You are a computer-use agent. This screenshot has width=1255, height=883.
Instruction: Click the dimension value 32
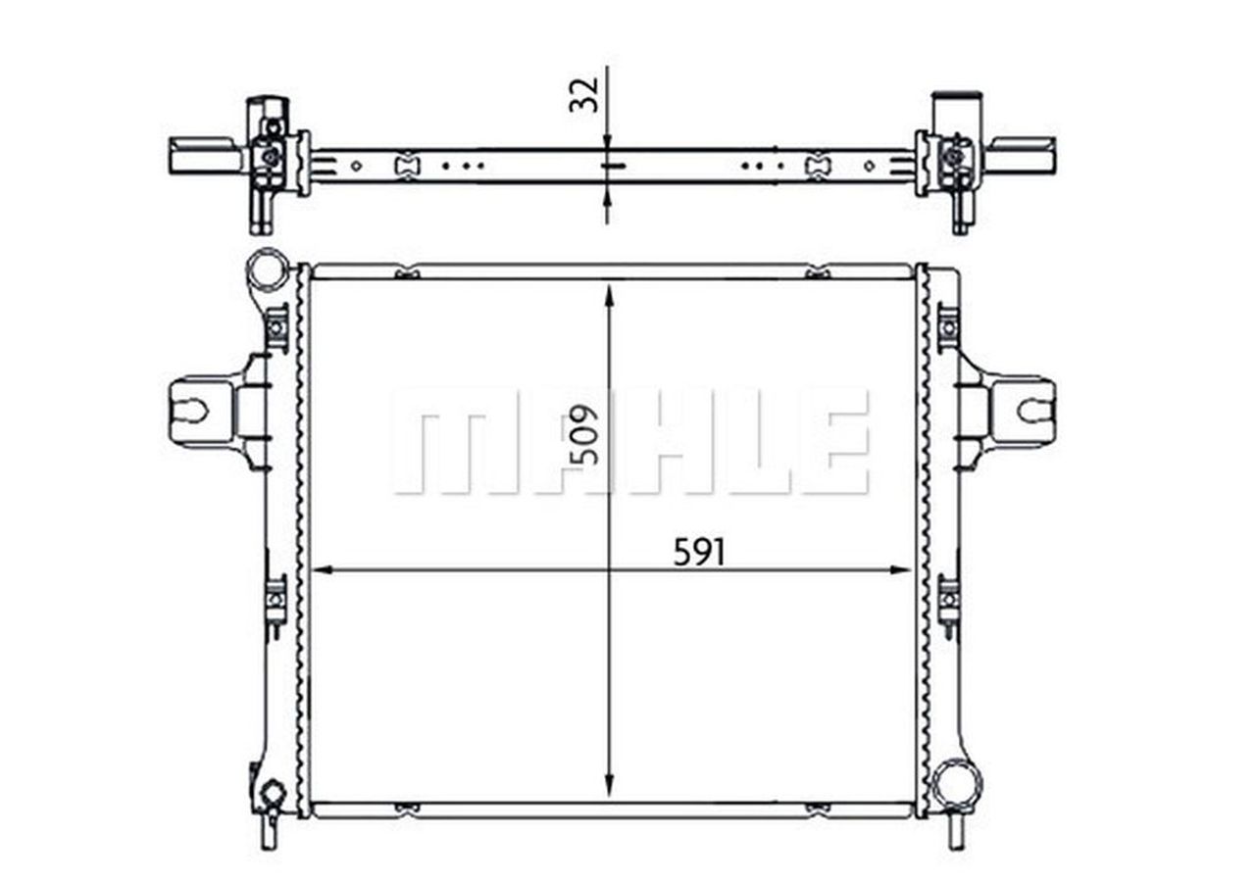(584, 94)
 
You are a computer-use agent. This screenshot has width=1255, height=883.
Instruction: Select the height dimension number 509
(584, 433)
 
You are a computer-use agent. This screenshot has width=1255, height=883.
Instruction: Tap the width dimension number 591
(699, 554)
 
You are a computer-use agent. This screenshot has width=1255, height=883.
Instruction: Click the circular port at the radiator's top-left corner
(267, 270)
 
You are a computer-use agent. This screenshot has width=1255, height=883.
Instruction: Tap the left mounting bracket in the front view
(203, 411)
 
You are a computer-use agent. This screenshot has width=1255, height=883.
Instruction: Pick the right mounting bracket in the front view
(1023, 411)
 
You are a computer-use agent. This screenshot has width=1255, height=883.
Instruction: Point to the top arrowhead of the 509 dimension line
(610, 291)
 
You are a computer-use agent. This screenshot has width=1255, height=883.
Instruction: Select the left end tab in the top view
(202, 155)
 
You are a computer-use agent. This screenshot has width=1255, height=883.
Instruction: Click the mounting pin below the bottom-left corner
(268, 832)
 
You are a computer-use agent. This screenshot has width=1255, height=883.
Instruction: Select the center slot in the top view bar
(610, 167)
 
